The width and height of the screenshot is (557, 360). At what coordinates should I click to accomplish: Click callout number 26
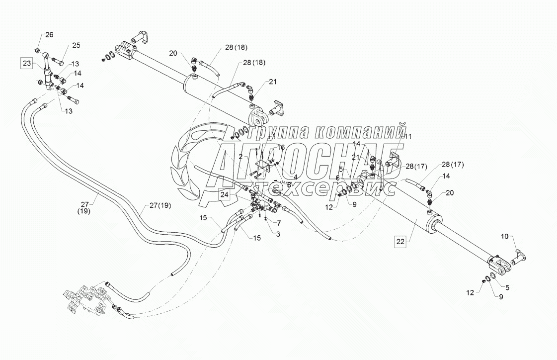tap(49, 35)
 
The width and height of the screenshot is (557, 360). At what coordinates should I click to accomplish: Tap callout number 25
tap(76, 45)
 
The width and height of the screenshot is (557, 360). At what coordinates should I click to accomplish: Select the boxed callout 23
tap(26, 63)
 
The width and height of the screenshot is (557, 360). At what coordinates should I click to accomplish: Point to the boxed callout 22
tap(400, 242)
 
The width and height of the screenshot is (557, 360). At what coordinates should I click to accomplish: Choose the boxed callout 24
tap(225, 195)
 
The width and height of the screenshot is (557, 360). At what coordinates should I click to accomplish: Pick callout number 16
tap(281, 148)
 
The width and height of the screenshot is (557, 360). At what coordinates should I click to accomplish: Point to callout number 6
tap(337, 178)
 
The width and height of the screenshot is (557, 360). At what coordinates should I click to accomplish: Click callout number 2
tap(240, 157)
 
